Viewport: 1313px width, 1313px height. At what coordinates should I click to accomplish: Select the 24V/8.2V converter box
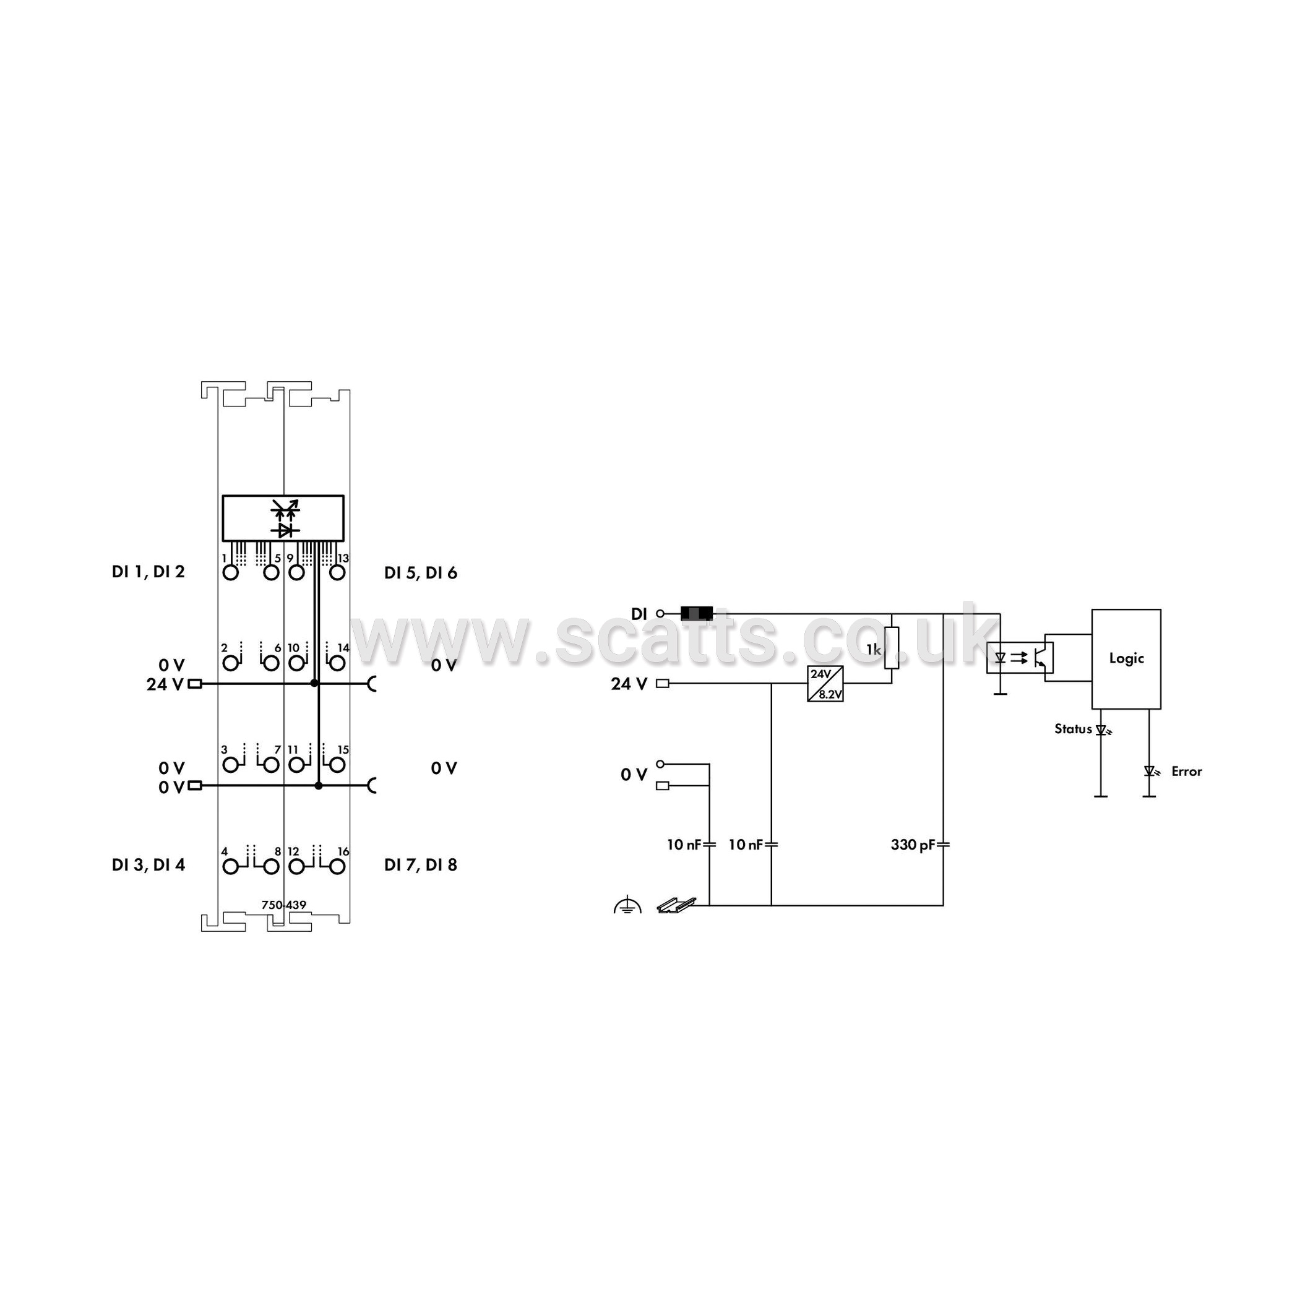click(x=825, y=684)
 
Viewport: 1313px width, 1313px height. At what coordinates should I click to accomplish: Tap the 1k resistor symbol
click(x=892, y=648)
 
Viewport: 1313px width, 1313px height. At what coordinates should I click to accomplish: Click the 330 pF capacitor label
click(x=913, y=845)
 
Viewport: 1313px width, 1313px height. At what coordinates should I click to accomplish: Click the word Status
click(x=1073, y=730)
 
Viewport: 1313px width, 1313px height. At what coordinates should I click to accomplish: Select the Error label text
click(x=1187, y=772)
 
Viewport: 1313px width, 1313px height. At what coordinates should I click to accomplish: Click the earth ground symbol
click(x=627, y=905)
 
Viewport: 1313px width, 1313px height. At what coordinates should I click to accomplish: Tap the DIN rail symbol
click(x=677, y=905)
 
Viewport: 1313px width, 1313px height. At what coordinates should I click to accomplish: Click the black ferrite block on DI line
click(x=697, y=614)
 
